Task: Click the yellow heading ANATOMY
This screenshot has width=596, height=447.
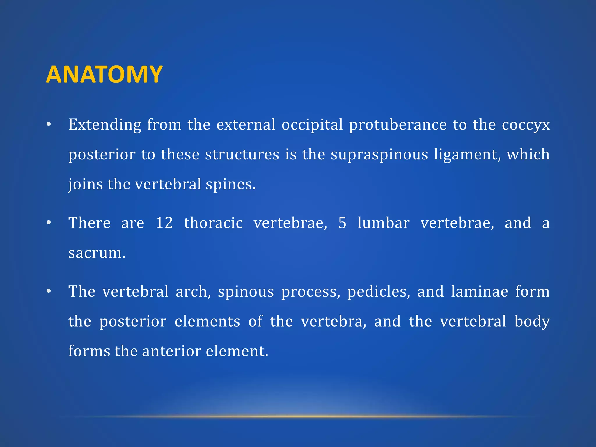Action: pyautogui.click(x=104, y=74)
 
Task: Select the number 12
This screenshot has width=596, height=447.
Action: pyautogui.click(x=164, y=223)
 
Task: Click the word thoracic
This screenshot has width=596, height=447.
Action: pyautogui.click(x=213, y=223)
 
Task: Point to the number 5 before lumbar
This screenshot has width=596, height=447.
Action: pyautogui.click(x=342, y=223)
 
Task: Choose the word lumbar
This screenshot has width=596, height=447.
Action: pyautogui.click(x=383, y=223)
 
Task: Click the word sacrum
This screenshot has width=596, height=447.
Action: pyautogui.click(x=97, y=253)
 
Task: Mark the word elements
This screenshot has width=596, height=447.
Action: pyautogui.click(x=207, y=322)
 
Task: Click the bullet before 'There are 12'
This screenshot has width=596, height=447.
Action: pyautogui.click(x=49, y=223)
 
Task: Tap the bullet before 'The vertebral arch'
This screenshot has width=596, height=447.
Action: pyautogui.click(x=49, y=292)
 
